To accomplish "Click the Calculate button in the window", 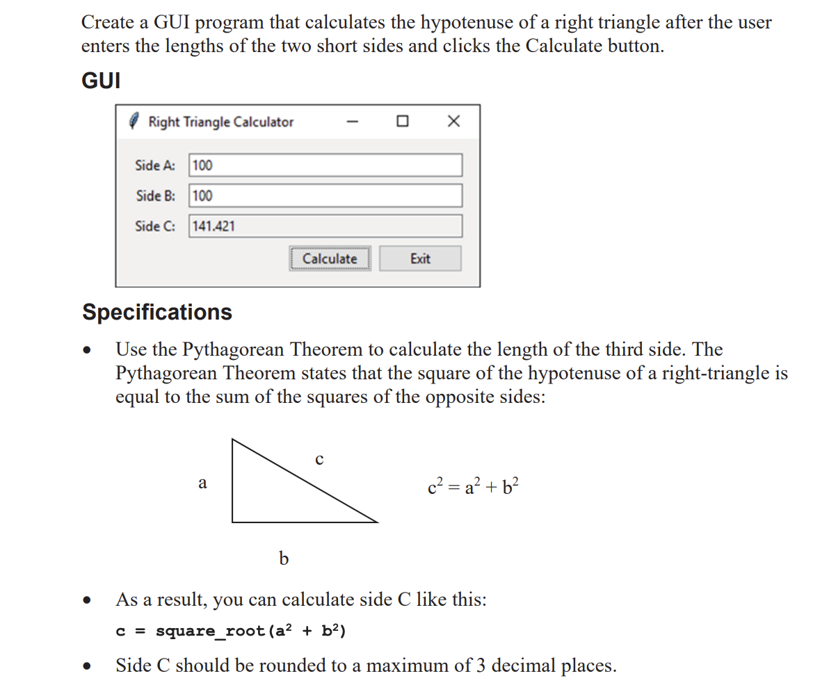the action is click(330, 258).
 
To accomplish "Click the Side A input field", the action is click(325, 165).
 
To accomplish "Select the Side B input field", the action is click(325, 195).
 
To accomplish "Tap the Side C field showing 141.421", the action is click(325, 226).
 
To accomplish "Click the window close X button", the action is click(453, 122).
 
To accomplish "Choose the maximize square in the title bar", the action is click(402, 122).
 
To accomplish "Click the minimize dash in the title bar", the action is click(353, 122).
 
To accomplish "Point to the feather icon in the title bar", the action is click(136, 122).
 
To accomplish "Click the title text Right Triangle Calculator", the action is click(221, 122).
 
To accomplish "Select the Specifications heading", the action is click(157, 312).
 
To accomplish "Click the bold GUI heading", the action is click(101, 81).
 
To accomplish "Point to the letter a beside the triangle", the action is click(202, 483).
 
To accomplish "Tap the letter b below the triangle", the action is click(283, 557).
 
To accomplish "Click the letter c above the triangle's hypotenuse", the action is click(319, 459).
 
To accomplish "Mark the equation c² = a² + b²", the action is click(473, 487).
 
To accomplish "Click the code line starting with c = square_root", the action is click(231, 631).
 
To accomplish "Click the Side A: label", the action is click(155, 165).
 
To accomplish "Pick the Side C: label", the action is click(155, 226).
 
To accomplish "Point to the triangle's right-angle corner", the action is click(233, 521).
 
